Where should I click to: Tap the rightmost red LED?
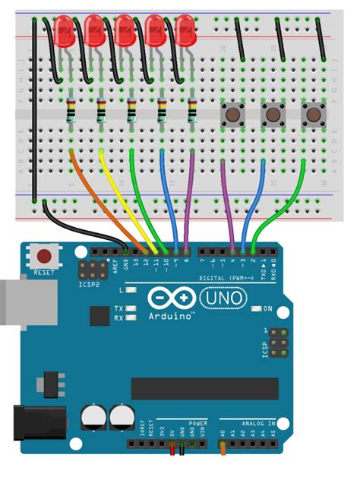coord(185,30)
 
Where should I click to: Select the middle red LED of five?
coord(126,30)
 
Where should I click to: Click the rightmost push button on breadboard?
coord(312,115)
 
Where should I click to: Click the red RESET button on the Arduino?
coord(45,257)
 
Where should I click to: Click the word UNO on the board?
coord(228,299)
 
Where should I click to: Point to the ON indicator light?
coord(255,308)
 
